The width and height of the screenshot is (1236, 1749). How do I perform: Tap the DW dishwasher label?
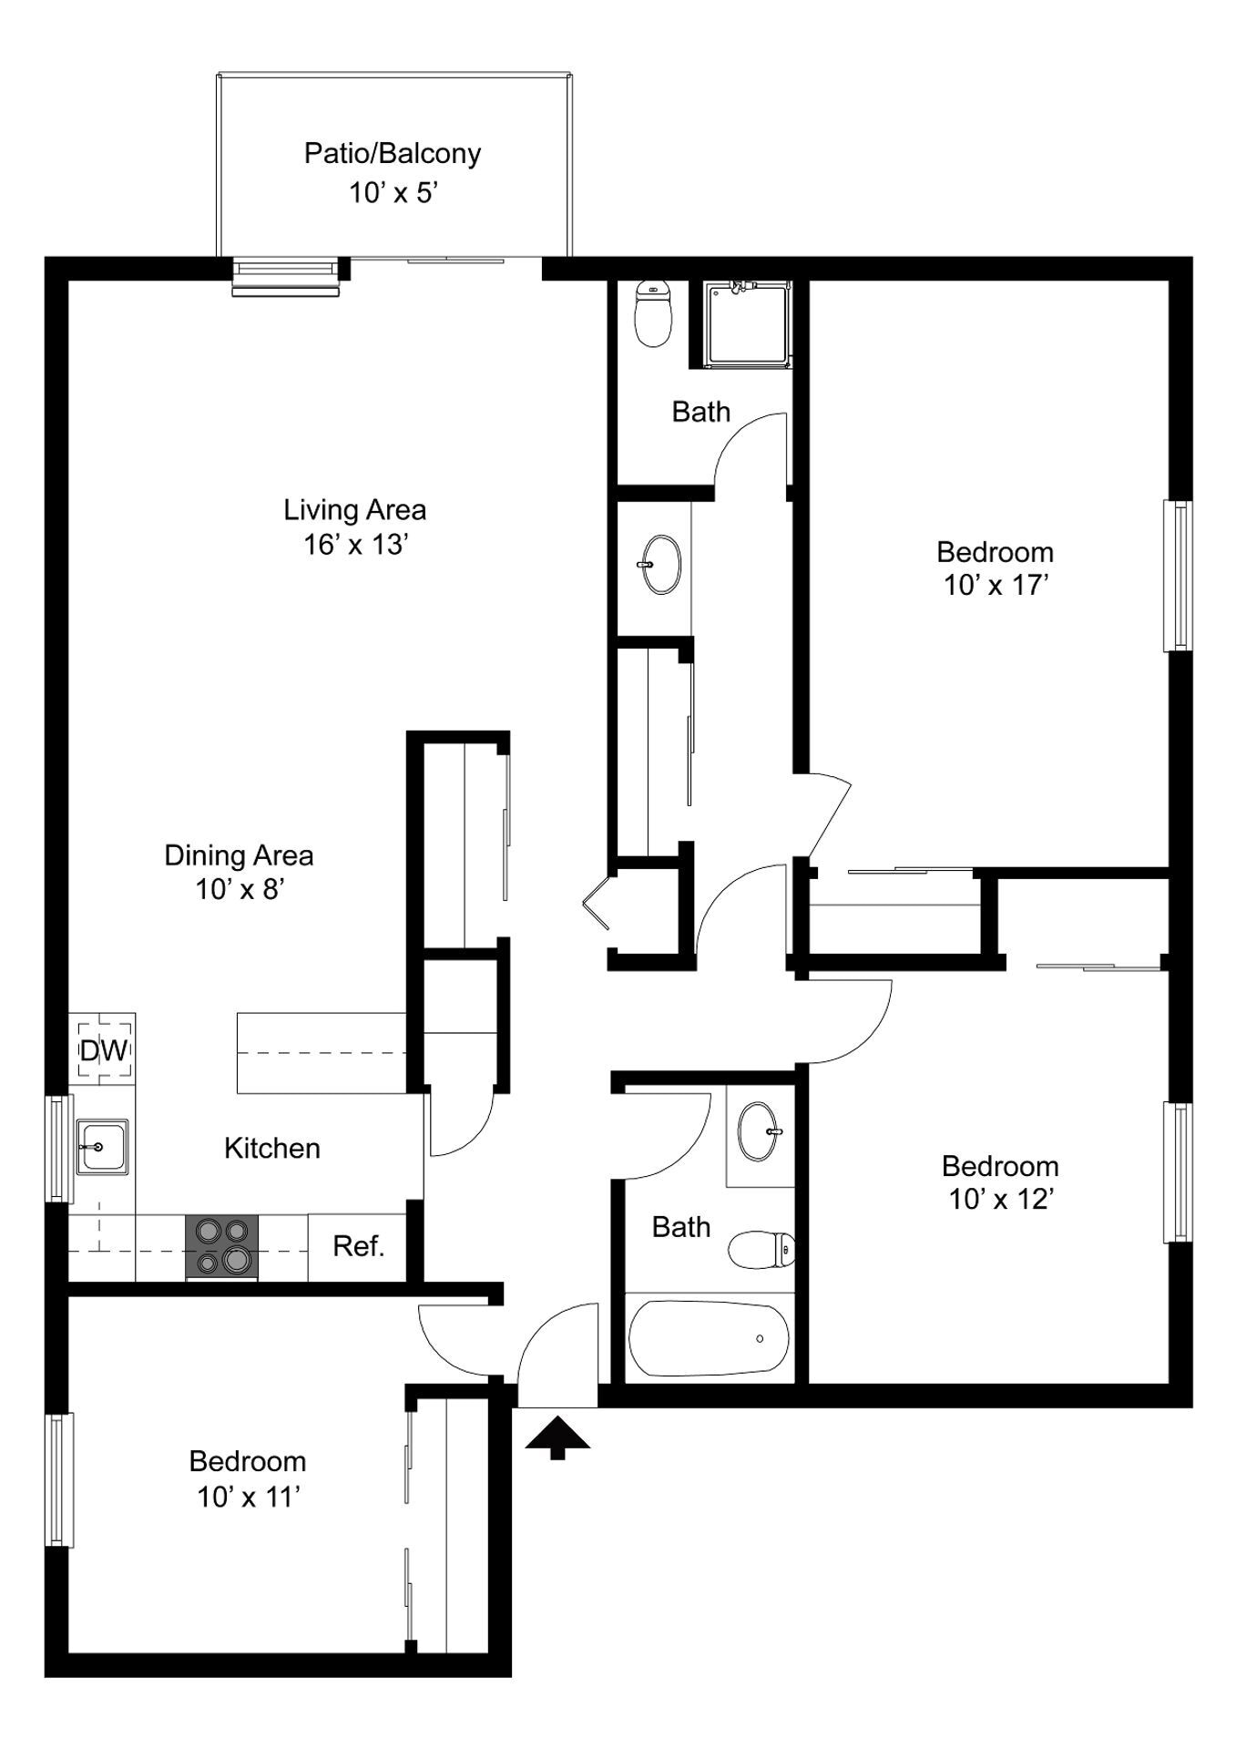coord(103,1050)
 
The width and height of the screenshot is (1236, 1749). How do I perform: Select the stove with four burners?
coord(221,1245)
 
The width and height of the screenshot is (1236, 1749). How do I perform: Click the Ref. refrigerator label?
coord(358,1246)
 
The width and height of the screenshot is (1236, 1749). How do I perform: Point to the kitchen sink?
coord(101,1146)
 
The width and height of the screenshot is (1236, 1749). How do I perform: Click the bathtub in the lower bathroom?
coord(707,1338)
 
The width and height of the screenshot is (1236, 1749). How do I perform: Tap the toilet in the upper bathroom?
coord(652,314)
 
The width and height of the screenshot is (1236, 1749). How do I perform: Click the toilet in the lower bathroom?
coord(761,1249)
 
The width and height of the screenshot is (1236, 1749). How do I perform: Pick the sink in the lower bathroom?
coord(758,1131)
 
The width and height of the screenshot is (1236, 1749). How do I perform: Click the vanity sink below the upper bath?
coord(661,564)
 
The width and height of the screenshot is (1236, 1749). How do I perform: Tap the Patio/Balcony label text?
coord(393,153)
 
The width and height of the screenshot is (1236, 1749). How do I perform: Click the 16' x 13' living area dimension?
coord(355,544)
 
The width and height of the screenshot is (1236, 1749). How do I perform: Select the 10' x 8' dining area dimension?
coord(240,888)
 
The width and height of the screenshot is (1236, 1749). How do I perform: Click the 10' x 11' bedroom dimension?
coord(248,1496)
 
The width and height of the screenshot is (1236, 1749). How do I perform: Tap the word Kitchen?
coord(271,1148)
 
